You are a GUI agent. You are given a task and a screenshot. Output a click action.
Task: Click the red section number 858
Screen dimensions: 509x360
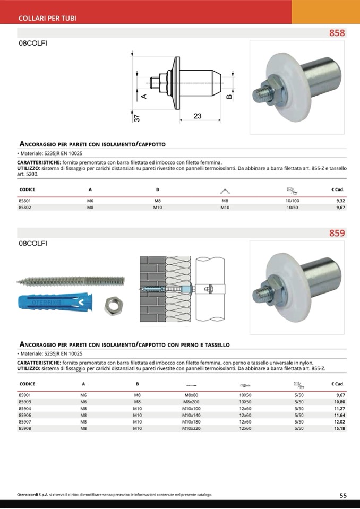(337, 33)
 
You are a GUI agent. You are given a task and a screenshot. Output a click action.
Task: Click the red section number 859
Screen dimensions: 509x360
(337, 233)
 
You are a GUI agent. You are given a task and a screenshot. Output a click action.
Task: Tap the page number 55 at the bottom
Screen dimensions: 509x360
(343, 495)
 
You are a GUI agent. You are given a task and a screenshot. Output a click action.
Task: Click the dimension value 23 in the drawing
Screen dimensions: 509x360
(197, 116)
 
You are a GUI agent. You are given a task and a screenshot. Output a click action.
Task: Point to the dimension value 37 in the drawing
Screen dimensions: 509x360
(136, 118)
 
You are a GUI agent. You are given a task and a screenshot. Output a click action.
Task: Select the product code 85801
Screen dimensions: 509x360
(25, 201)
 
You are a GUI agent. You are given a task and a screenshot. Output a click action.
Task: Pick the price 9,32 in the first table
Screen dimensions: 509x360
(340, 201)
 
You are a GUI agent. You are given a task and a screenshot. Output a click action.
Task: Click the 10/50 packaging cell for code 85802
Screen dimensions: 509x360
(293, 208)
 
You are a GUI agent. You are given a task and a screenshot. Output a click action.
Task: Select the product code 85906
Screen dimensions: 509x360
(25, 415)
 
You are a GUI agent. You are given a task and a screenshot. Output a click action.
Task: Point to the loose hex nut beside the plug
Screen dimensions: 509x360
(113, 303)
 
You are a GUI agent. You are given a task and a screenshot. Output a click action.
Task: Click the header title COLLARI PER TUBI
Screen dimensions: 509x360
(48, 18)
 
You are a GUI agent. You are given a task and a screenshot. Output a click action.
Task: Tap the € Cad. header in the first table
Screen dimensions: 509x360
(338, 189)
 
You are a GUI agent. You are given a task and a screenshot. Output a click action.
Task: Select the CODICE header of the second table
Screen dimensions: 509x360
(27, 384)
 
